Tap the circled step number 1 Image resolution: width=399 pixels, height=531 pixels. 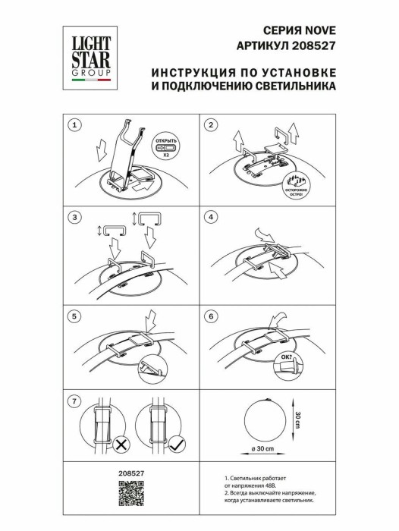tap(73, 125)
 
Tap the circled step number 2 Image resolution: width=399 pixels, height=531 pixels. tap(212, 125)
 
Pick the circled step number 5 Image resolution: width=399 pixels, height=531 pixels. tap(73, 315)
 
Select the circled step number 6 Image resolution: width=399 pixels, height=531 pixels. tap(212, 315)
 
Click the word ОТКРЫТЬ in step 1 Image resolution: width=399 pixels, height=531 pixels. tap(166, 141)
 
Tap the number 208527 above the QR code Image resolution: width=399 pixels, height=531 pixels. tap(131, 473)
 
